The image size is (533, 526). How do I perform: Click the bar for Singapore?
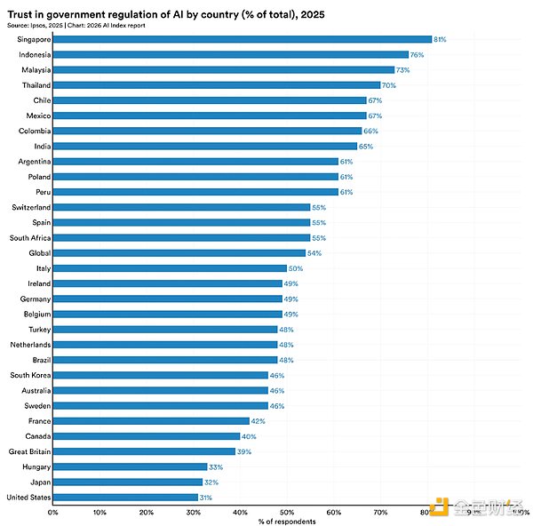click(x=242, y=39)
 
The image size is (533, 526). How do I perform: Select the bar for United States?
click(x=125, y=497)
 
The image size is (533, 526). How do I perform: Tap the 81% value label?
click(x=440, y=39)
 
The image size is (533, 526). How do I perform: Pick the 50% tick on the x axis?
click(x=287, y=512)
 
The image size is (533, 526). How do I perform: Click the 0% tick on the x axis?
click(x=53, y=512)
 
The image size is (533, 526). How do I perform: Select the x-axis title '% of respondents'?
click(x=287, y=522)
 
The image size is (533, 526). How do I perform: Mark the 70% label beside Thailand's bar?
click(x=388, y=84)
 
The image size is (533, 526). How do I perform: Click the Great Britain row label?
click(x=30, y=451)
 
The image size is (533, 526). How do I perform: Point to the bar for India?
click(x=204, y=146)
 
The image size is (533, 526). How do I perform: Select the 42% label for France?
click(x=258, y=420)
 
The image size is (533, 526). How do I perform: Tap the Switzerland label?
click(x=32, y=207)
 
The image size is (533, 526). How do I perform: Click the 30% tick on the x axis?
click(x=194, y=512)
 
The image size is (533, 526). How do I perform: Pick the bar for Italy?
click(x=170, y=267)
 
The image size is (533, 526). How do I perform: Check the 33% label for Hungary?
click(x=215, y=466)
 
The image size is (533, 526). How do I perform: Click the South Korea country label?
click(x=31, y=375)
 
